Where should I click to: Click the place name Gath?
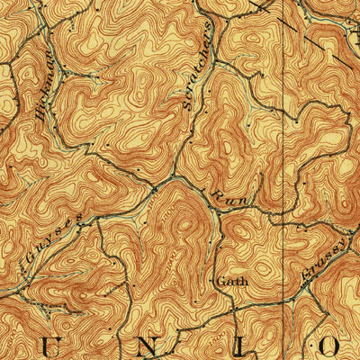(231, 281)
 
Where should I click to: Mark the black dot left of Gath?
(213, 281)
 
